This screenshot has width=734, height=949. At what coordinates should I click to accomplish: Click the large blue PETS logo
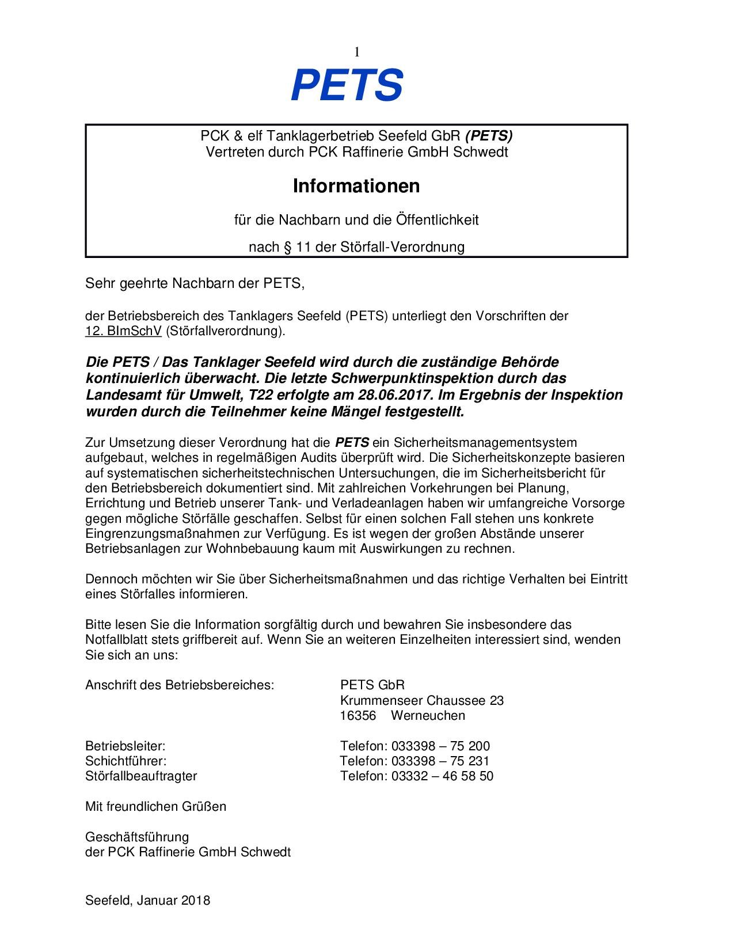click(x=347, y=85)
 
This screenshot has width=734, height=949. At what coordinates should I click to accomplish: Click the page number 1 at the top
click(x=357, y=52)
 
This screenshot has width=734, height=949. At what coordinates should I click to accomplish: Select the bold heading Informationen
click(x=356, y=186)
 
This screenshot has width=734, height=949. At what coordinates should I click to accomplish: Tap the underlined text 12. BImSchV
click(x=123, y=331)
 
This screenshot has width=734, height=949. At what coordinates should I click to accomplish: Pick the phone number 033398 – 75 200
click(x=440, y=746)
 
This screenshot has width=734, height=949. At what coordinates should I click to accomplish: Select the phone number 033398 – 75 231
click(x=440, y=761)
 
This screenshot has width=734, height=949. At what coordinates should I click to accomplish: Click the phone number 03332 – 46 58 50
click(x=442, y=776)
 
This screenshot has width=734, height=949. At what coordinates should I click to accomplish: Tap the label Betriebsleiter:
click(x=125, y=746)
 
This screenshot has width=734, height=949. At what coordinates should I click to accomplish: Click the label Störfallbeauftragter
click(x=141, y=776)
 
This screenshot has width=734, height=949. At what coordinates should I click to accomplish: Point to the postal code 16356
click(x=358, y=716)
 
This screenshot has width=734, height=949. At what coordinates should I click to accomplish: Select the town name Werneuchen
click(x=428, y=716)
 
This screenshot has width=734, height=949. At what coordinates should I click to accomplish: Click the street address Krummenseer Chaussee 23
click(x=422, y=701)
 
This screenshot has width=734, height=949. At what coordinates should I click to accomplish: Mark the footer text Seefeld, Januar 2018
click(x=147, y=901)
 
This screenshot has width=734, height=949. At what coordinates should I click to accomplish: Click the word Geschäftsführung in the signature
click(x=137, y=837)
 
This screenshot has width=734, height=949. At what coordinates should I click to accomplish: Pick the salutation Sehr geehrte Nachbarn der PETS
click(x=194, y=283)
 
